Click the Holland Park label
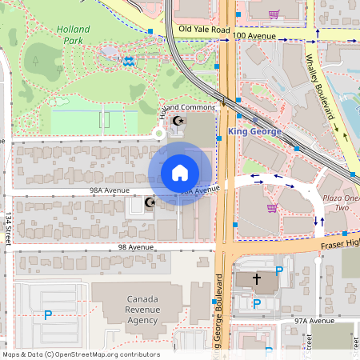coord(73,34)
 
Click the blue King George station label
coord(254,130)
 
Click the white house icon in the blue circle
coord(180,173)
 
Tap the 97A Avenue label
coord(313,320)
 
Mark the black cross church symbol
coord(257,279)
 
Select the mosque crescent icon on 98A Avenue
coord(149,203)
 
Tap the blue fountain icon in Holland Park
coord(127,59)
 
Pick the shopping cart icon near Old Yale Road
coord(274,14)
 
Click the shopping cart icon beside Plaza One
coord(272,208)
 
